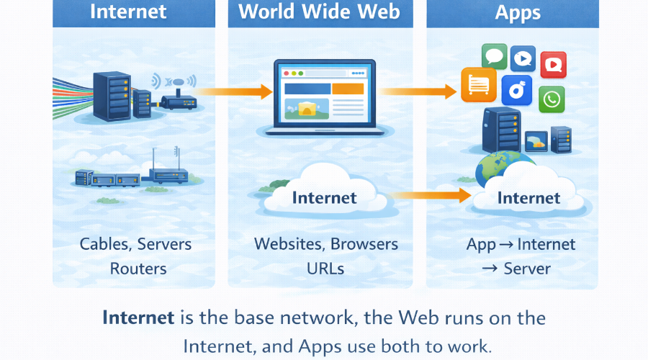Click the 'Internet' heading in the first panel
pyautogui.click(x=127, y=12)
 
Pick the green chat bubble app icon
pyautogui.click(x=494, y=56)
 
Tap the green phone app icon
pyautogui.click(x=552, y=99)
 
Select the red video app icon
pyautogui.click(x=553, y=65)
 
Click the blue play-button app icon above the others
pyautogui.click(x=523, y=58)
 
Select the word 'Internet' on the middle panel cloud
pyautogui.click(x=324, y=197)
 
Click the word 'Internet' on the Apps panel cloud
pyautogui.click(x=529, y=197)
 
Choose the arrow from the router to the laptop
pyautogui.click(x=234, y=91)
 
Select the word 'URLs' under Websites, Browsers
pyautogui.click(x=325, y=269)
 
